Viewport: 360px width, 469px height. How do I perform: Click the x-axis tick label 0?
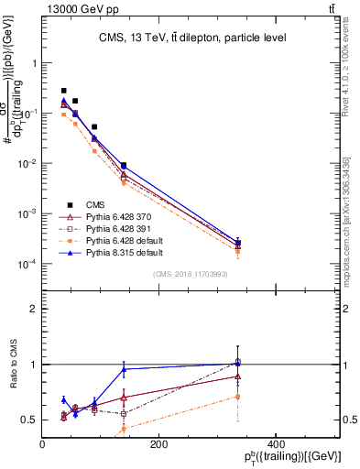tap(43, 444)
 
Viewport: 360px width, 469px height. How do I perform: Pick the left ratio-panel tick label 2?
tap(34, 309)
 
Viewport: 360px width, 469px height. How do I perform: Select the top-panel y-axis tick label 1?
tap(34, 64)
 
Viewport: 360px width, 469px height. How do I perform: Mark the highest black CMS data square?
tap(63, 91)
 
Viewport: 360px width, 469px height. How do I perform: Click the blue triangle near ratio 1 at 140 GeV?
tap(124, 369)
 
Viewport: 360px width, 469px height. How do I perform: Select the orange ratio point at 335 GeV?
tap(238, 397)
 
